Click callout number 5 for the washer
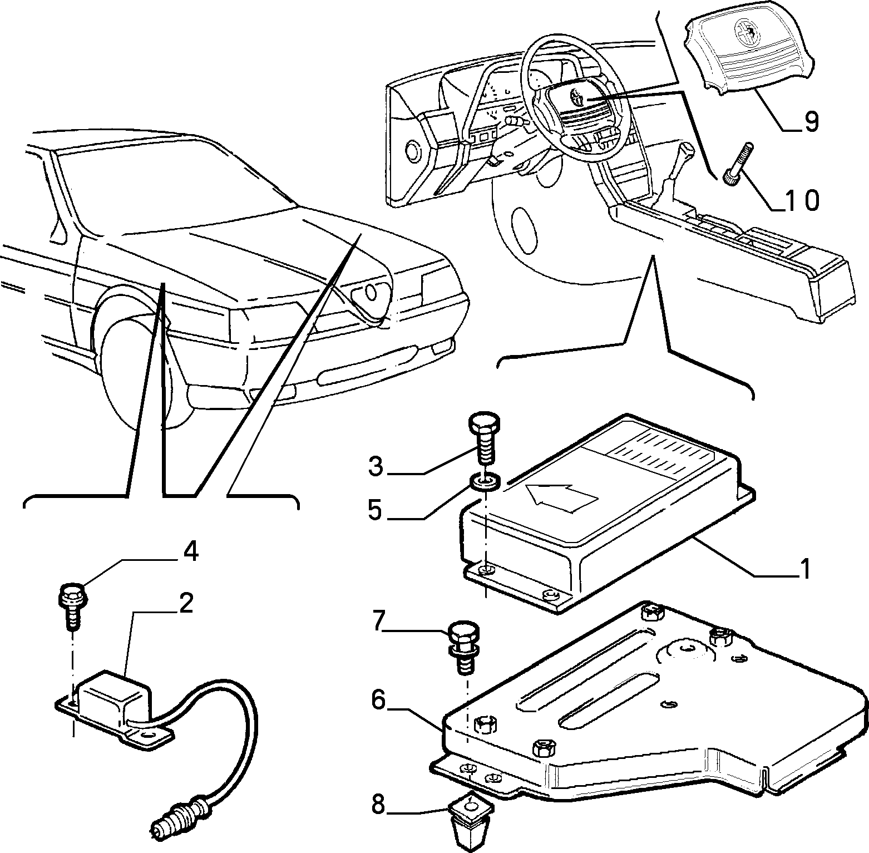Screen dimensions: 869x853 376,510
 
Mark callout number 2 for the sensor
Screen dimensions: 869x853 185,603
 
